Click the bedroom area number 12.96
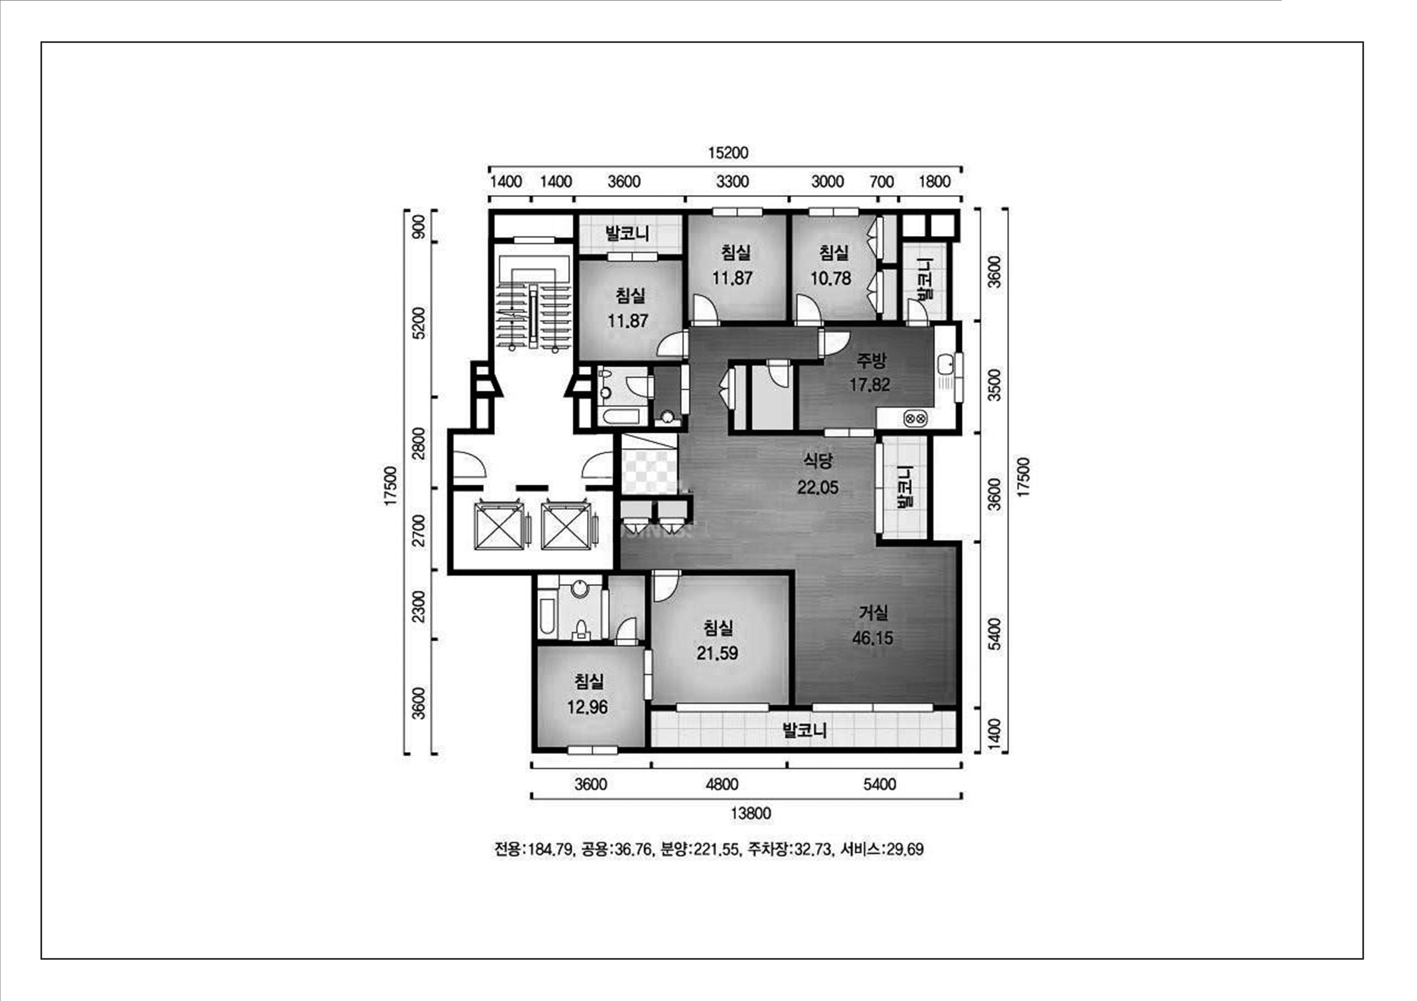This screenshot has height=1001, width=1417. click(x=588, y=707)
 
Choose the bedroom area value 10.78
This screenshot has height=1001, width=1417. click(x=831, y=278)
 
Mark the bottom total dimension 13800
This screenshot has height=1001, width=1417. click(x=750, y=814)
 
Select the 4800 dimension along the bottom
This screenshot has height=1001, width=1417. click(x=721, y=784)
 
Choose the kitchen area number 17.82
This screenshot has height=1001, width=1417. click(x=870, y=385)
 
